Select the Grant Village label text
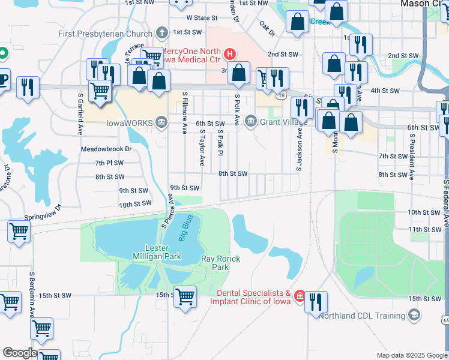point(279,122)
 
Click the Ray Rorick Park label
point(220,263)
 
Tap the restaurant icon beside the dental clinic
point(316,302)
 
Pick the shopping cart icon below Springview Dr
point(19,231)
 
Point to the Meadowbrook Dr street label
point(106,149)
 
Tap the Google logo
point(19,353)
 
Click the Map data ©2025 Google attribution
point(411,355)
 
